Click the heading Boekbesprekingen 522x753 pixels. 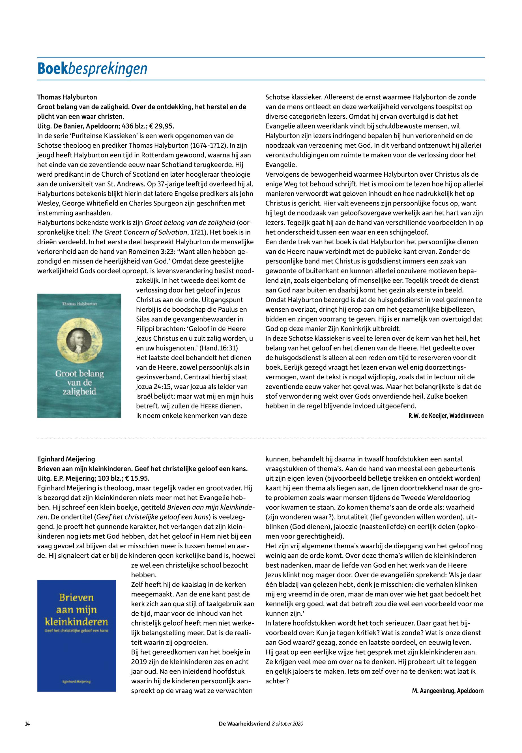click(92, 69)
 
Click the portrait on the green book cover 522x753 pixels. click(79, 340)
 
